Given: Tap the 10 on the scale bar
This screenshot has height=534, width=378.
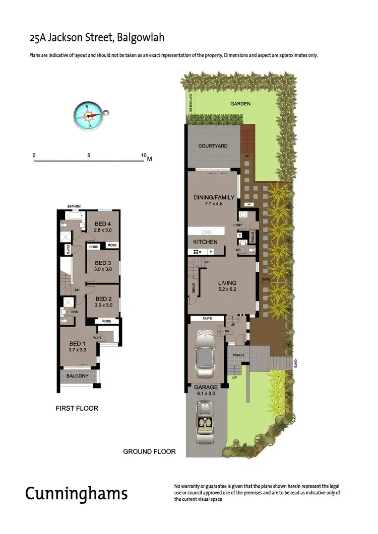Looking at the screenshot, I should (x=144, y=156).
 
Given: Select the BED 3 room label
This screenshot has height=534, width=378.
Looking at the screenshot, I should (x=102, y=263).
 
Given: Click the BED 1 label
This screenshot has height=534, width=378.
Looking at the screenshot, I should (x=77, y=343).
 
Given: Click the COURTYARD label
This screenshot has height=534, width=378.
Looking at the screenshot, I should (x=213, y=146).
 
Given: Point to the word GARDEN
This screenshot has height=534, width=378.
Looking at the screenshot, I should (x=240, y=104).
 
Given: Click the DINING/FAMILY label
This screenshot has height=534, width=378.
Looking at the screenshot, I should (x=214, y=197).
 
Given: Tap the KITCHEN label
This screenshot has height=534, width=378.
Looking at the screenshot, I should (x=206, y=242).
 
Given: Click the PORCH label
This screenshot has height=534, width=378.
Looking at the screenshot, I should (x=238, y=355).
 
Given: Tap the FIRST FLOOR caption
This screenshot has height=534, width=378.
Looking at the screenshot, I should (x=77, y=408).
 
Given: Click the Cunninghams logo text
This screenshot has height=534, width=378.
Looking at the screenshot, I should (x=77, y=493).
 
